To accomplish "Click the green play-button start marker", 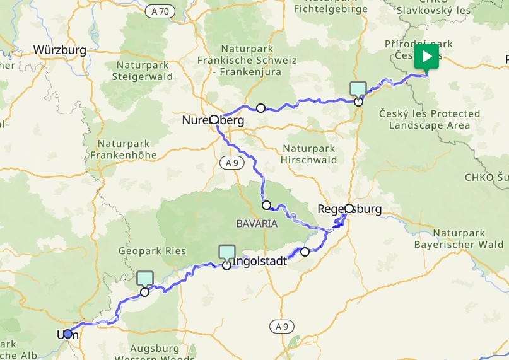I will pyautogui.click(x=427, y=57).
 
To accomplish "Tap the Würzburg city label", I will pyautogui.click(x=59, y=50).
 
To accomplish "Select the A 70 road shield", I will pyautogui.click(x=160, y=11).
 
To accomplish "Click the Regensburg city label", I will pyautogui.click(x=350, y=209).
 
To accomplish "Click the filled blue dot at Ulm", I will pyautogui.click(x=68, y=334).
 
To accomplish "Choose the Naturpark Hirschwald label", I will pyautogui.click(x=310, y=154).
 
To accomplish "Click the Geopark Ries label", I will pyautogui.click(x=152, y=250).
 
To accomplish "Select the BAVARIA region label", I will pyautogui.click(x=257, y=223).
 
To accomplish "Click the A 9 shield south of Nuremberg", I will pyautogui.click(x=231, y=163).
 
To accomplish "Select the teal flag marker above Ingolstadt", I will pyautogui.click(x=226, y=253).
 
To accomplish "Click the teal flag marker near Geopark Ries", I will pyautogui.click(x=145, y=279).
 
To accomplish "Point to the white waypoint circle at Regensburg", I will pyautogui.click(x=349, y=208).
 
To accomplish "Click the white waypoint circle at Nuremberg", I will pyautogui.click(x=214, y=120).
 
